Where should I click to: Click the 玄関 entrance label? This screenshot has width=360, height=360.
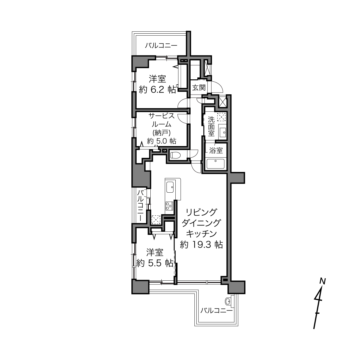click(x=199, y=88)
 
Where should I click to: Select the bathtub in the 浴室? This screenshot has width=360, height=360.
click(x=215, y=164)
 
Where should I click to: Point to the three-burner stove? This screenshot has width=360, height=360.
click(x=169, y=206)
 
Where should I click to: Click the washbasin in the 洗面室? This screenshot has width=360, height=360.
click(x=222, y=133)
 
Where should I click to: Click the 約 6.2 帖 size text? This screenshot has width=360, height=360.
click(x=157, y=90)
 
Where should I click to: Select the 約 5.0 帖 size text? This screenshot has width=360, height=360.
click(x=161, y=141)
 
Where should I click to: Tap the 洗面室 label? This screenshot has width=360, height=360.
click(x=211, y=126)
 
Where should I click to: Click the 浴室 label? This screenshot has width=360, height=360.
click(x=216, y=151)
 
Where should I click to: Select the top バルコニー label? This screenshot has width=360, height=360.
click(x=161, y=46)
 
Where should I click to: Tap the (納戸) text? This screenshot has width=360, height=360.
click(x=161, y=133)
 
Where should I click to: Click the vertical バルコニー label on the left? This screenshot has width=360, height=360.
click(x=141, y=206)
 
